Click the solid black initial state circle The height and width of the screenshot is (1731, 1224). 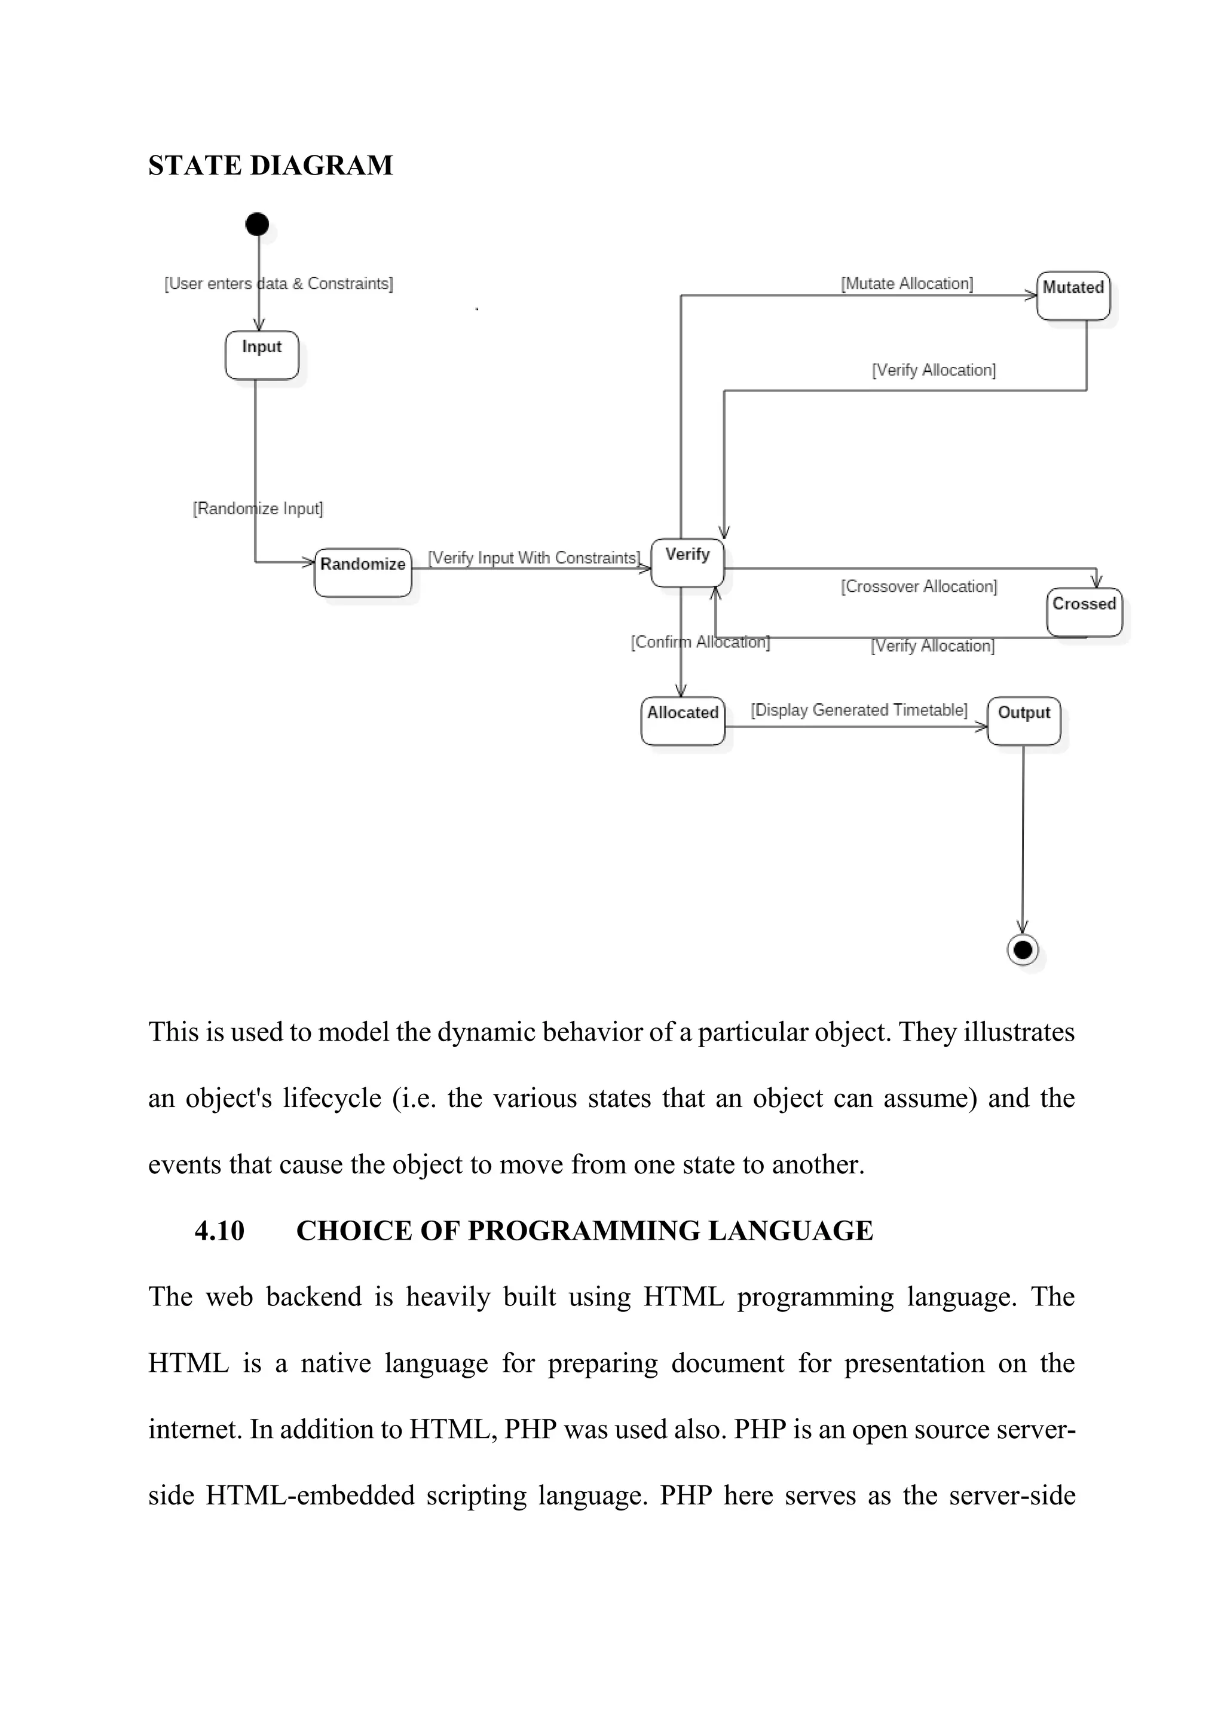click(257, 224)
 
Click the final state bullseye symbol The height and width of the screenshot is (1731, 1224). click(1023, 949)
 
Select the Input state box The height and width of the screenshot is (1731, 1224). click(262, 355)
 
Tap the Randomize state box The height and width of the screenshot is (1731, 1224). click(363, 572)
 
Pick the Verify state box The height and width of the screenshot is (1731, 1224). click(687, 562)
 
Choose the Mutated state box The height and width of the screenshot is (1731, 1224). click(1073, 295)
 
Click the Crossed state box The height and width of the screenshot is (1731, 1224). click(1084, 612)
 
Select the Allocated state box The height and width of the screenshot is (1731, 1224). click(683, 721)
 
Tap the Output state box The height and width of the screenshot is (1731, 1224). click(1024, 721)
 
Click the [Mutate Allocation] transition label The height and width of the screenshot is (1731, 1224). click(907, 283)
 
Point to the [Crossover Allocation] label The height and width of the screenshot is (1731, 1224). click(919, 586)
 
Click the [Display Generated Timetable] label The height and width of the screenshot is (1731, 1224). click(858, 710)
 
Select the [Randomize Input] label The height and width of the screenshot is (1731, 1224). click(258, 508)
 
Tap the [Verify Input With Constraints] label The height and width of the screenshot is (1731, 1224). click(534, 558)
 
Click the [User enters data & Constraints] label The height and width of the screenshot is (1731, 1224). click(279, 283)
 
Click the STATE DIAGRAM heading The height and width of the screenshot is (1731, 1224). click(271, 165)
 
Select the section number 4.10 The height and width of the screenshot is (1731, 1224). click(219, 1230)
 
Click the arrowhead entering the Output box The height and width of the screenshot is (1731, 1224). click(982, 727)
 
